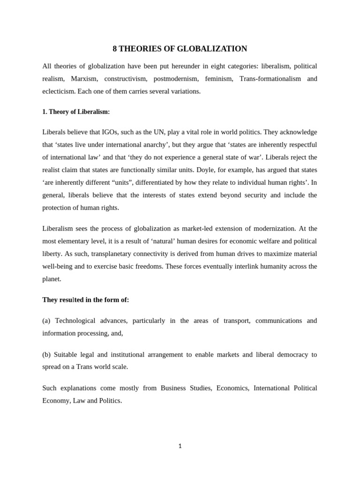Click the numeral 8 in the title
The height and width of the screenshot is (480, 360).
coord(115,49)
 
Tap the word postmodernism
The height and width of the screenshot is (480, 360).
coord(175,79)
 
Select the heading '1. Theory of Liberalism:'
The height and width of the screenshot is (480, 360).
coord(76,112)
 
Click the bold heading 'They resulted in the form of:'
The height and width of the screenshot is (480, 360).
coord(85,300)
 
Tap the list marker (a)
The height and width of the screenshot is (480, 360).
coord(46,321)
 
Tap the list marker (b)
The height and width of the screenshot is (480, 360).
coord(46,355)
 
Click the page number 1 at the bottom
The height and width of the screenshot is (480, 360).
coord(180,446)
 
